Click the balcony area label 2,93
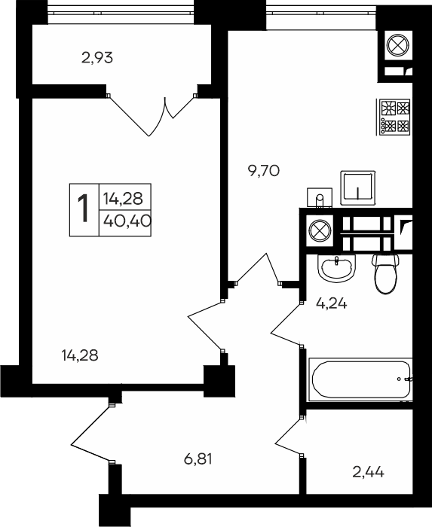tap(97, 58)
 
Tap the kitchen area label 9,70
tap(263, 172)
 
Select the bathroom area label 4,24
tap(332, 303)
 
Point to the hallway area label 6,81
tap(198, 458)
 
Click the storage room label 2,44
tap(368, 473)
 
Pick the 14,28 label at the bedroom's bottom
tap(80, 355)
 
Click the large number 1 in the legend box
tap(84, 209)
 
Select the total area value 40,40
tap(127, 221)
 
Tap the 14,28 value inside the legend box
tap(123, 198)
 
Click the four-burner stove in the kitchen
tap(395, 117)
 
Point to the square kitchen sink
tap(358, 187)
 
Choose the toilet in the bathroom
tap(385, 274)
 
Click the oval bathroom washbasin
tap(337, 267)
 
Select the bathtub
tap(361, 379)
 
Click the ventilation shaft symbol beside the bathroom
tap(320, 231)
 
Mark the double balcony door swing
tap(152, 114)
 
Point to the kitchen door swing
tap(258, 270)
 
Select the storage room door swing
tap(290, 436)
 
